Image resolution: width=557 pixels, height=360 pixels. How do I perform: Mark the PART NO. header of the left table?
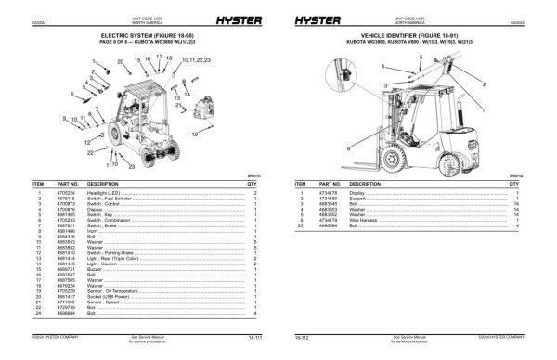(68, 184)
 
